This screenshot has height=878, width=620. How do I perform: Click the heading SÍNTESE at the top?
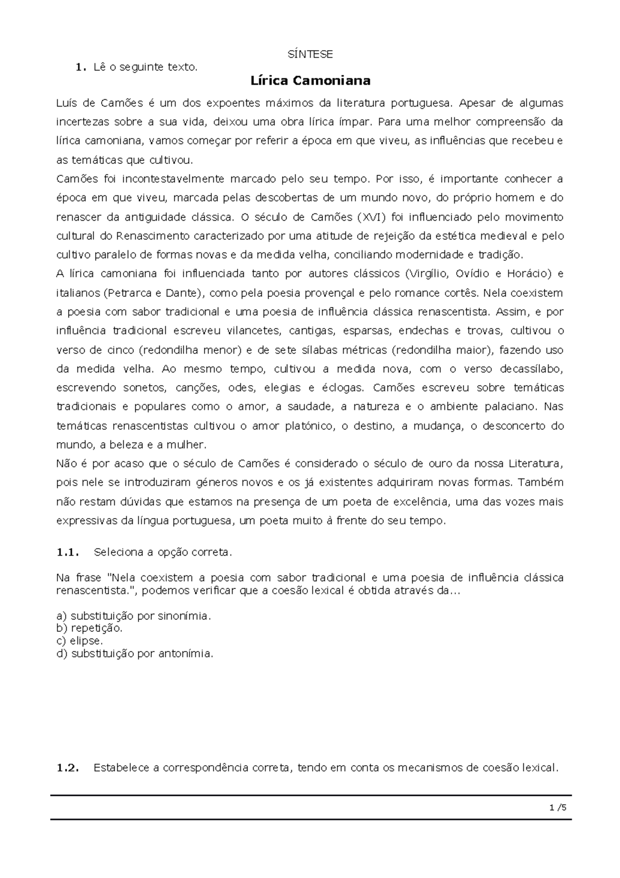tap(310, 54)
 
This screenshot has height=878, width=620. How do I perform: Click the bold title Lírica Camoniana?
tap(310, 81)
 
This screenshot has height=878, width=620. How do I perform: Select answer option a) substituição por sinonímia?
tap(134, 616)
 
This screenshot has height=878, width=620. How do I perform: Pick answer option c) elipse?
tap(80, 641)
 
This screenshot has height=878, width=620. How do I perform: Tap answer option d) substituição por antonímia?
tap(134, 654)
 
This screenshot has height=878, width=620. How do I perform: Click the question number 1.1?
tap(68, 552)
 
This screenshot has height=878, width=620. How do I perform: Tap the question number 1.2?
tap(68, 768)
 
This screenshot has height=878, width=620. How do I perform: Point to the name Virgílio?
tap(425, 274)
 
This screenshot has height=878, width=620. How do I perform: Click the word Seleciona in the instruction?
tap(116, 552)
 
